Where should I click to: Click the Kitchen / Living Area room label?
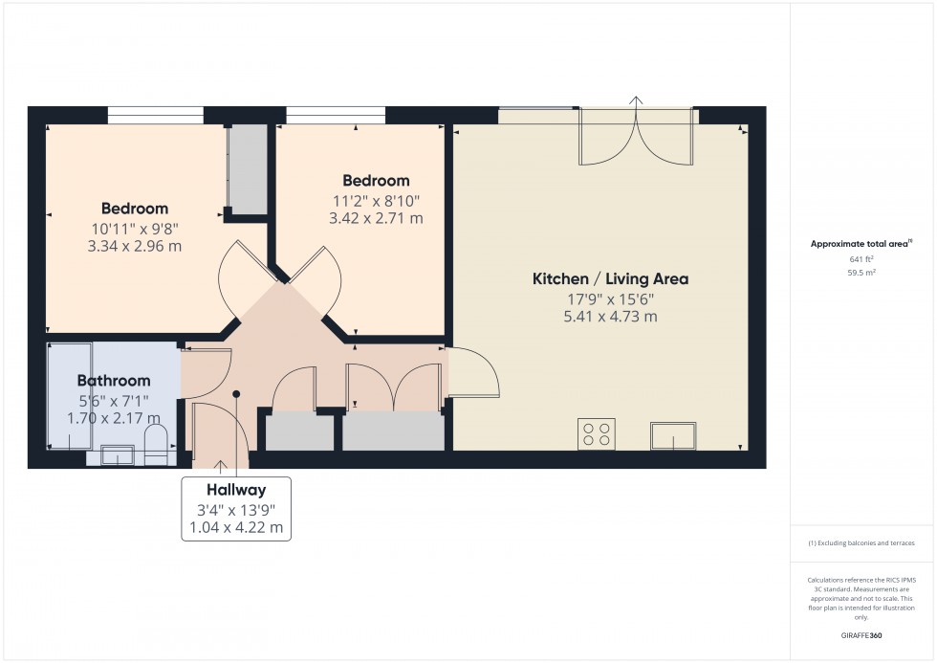tap(610, 279)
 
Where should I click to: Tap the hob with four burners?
tap(598, 434)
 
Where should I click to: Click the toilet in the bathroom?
tap(157, 445)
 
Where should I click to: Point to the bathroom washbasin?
tap(118, 456)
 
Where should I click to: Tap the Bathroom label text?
tap(114, 381)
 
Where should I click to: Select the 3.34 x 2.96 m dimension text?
tap(134, 246)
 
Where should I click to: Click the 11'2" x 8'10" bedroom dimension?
tap(376, 200)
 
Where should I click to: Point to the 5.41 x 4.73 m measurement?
tap(610, 317)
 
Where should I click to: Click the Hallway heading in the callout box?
tap(235, 491)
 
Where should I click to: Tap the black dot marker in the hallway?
tap(235, 393)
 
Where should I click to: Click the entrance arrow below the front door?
tap(222, 466)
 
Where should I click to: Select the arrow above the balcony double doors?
tap(636, 99)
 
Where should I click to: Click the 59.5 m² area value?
tap(862, 272)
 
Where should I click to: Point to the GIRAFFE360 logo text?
tap(862, 634)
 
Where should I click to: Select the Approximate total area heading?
tap(861, 243)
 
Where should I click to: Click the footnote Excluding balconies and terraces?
tap(861, 542)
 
